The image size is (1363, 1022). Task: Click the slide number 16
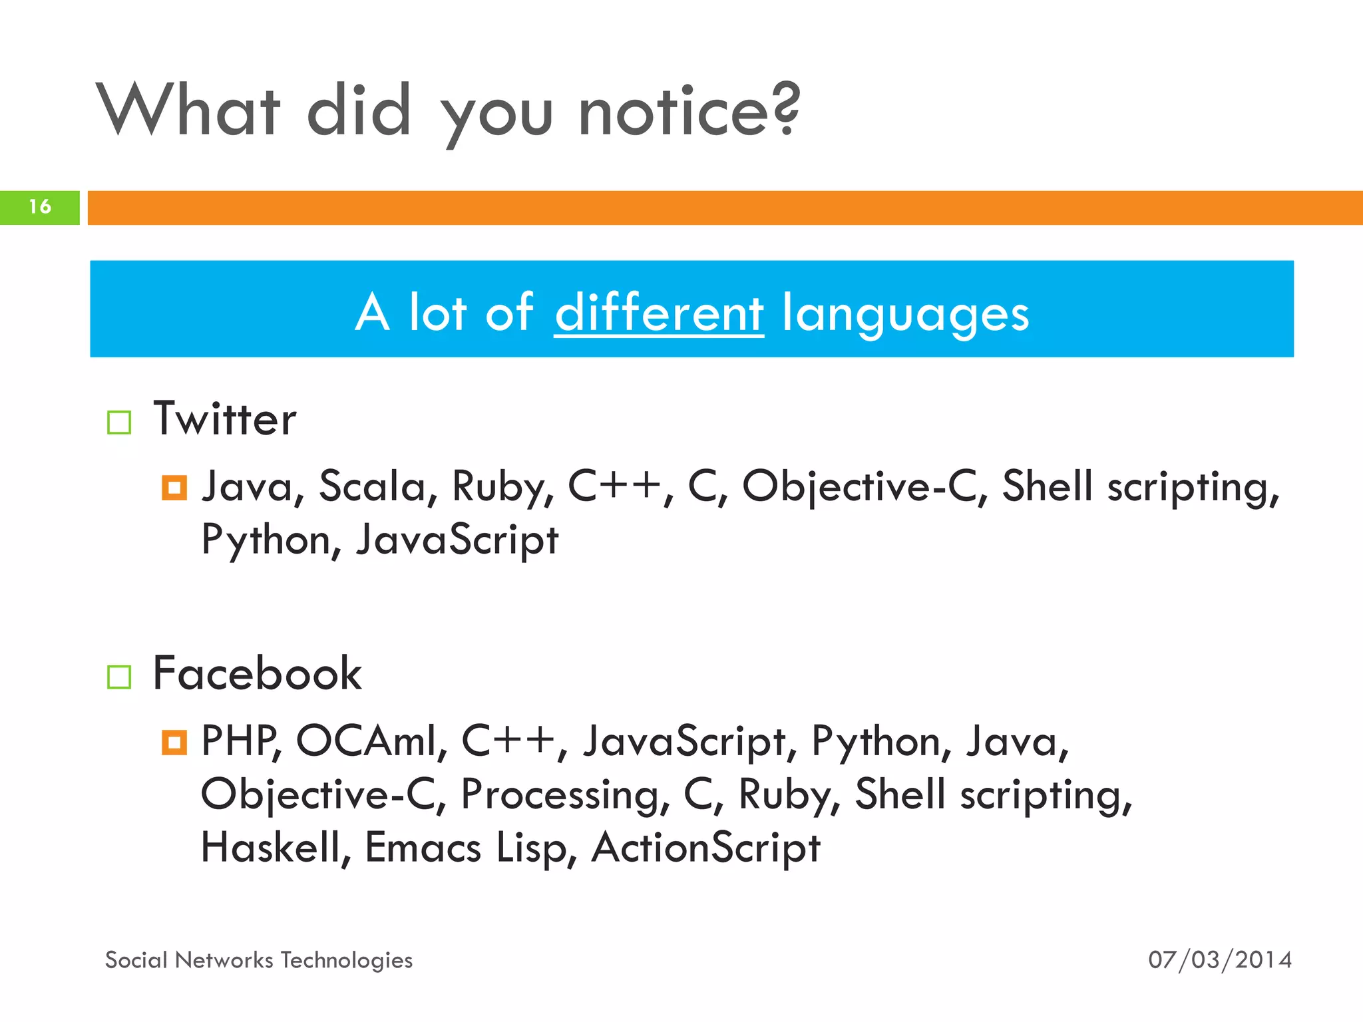click(40, 207)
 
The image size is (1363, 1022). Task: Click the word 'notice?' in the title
click(689, 111)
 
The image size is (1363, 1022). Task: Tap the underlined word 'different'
click(659, 313)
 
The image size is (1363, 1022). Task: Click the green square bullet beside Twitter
click(119, 423)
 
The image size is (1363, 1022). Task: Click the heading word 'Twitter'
click(225, 419)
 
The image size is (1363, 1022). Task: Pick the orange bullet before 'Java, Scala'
click(174, 488)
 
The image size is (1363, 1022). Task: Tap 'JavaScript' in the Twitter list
click(457, 540)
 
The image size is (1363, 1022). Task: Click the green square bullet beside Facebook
click(119, 677)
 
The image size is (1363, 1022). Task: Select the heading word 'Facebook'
click(257, 673)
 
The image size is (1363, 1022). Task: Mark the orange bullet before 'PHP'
click(174, 742)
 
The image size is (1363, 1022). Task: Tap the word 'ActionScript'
click(705, 848)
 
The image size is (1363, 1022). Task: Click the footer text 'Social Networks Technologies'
click(259, 960)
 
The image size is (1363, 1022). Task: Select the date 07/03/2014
click(1219, 960)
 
